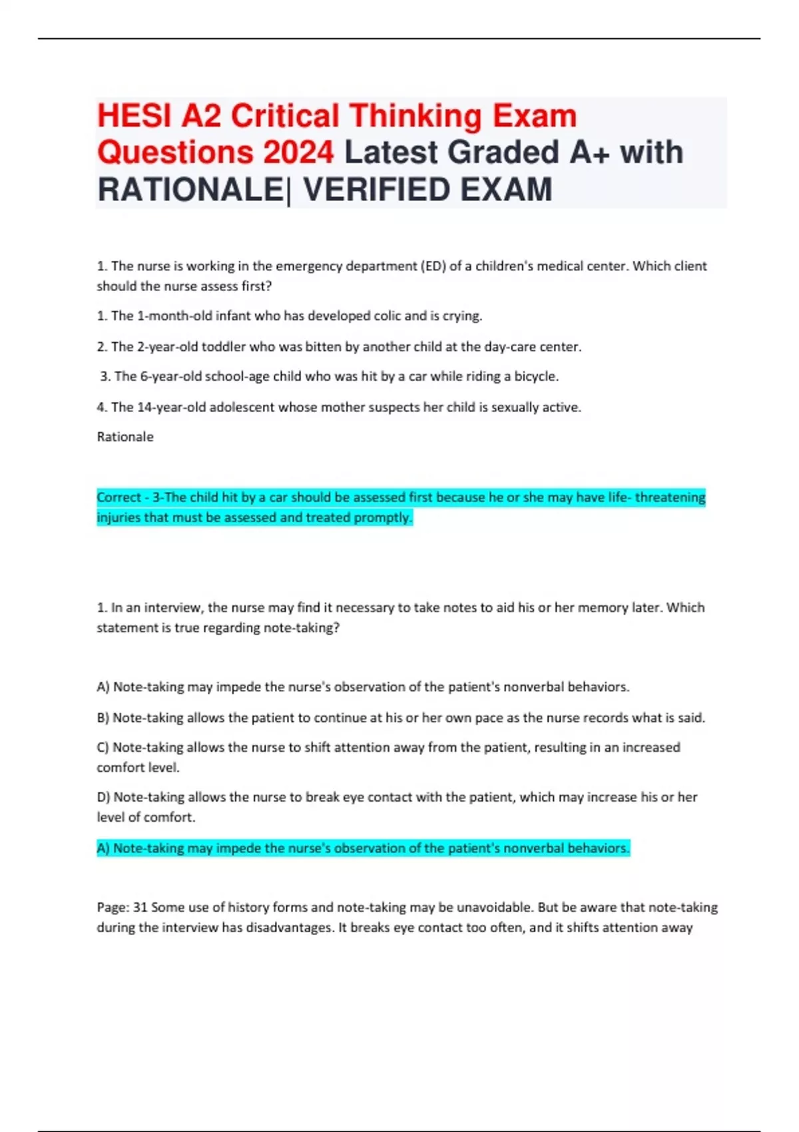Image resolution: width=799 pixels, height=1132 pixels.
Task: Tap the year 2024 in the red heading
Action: tap(298, 152)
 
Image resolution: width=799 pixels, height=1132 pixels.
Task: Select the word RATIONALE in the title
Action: tap(190, 190)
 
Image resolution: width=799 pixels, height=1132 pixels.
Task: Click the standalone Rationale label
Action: tap(125, 437)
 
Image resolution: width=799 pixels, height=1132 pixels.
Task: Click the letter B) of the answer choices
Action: tap(103, 718)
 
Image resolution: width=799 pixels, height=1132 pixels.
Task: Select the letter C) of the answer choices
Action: tap(103, 748)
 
